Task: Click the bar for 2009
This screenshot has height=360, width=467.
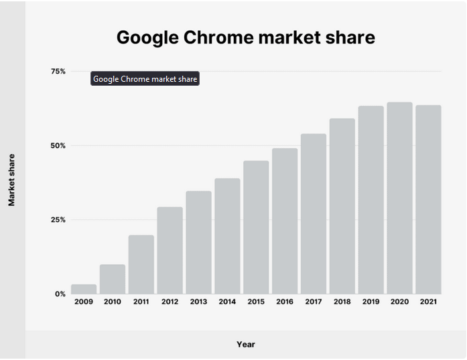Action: tap(84, 289)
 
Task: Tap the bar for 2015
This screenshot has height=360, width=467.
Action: tap(256, 227)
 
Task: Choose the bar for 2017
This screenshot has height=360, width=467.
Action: tap(313, 214)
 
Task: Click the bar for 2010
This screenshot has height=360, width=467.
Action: tap(113, 279)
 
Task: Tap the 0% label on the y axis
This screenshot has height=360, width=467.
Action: tap(60, 294)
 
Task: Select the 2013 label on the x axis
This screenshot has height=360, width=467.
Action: tap(198, 302)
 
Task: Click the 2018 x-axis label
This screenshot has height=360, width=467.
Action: tap(342, 302)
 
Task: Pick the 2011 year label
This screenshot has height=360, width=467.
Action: tap(141, 302)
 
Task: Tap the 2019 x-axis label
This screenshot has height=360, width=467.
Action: tap(371, 302)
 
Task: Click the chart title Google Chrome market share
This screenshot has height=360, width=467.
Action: tap(245, 38)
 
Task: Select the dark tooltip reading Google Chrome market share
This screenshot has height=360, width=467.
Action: tap(145, 79)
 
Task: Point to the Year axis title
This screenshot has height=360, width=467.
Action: tap(245, 345)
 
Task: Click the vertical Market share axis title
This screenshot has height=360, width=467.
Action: tap(11, 180)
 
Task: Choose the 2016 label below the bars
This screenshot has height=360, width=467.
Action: tap(285, 302)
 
